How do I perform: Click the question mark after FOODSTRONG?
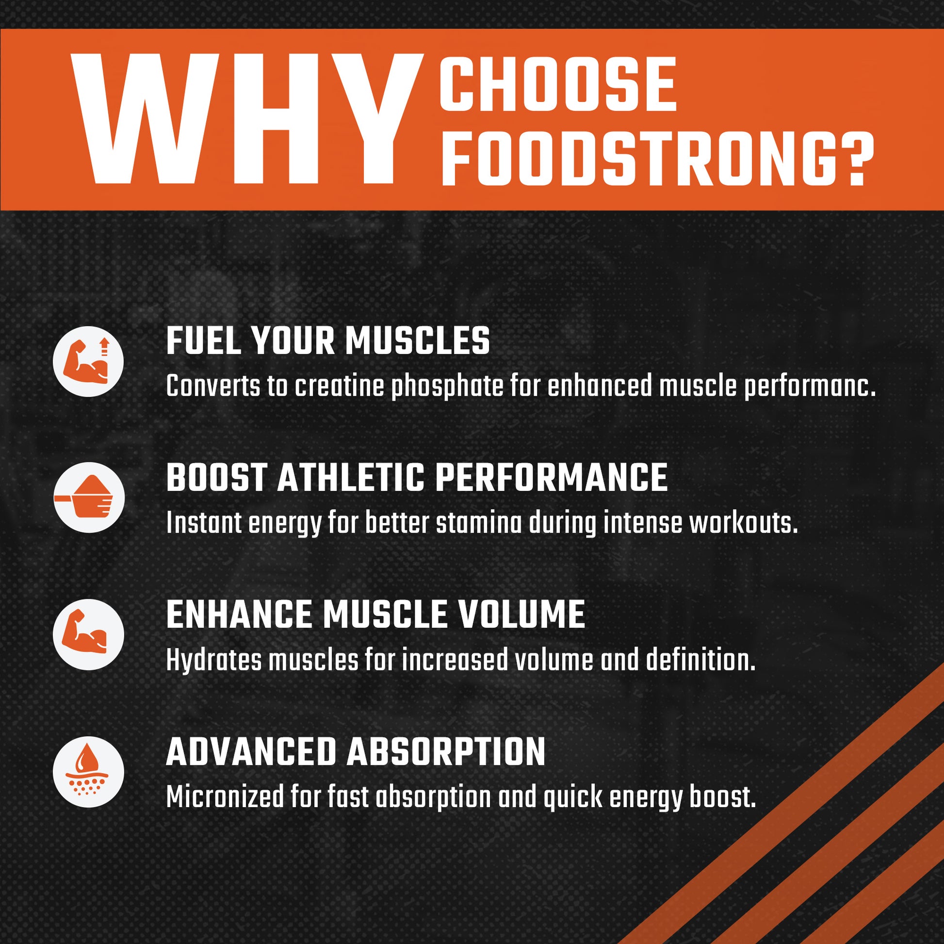[860, 158]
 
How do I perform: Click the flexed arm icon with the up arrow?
[88, 361]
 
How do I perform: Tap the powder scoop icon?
[88, 497]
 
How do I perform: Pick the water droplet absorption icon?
[88, 771]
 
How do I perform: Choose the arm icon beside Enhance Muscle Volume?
[88, 634]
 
